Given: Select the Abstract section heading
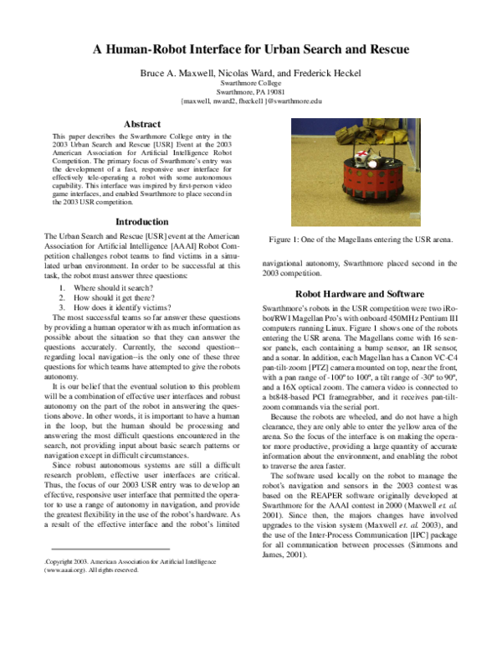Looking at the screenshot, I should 141,124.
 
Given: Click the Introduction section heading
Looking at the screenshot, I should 141,222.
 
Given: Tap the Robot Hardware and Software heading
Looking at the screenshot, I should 361,294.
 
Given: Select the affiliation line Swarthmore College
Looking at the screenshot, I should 252,85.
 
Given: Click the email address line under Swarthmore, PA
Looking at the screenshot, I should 252,101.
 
